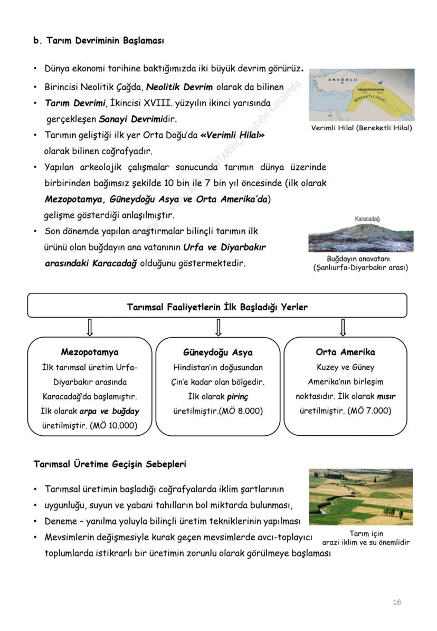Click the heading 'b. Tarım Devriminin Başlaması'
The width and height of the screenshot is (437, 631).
click(x=98, y=40)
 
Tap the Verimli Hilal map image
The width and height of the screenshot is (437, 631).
click(x=362, y=94)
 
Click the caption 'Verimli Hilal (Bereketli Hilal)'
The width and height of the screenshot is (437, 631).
click(x=362, y=128)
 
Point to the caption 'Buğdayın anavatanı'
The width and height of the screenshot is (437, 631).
click(x=358, y=259)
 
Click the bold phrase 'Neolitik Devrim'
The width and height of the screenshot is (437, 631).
click(x=179, y=88)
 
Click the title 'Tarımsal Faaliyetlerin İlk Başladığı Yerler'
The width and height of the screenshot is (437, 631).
click(x=217, y=307)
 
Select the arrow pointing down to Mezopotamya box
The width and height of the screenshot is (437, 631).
click(x=90, y=328)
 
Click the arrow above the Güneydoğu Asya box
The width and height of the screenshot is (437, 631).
click(x=218, y=328)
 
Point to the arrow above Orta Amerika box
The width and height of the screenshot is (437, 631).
click(x=343, y=328)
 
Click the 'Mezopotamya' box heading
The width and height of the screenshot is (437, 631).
click(x=90, y=352)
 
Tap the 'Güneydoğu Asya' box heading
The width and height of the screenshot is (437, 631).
click(x=218, y=352)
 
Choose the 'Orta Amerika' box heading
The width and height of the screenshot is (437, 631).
click(x=345, y=352)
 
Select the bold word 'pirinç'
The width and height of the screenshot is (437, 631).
click(x=237, y=396)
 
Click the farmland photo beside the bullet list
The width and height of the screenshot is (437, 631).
click(x=361, y=496)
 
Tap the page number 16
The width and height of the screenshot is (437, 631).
click(x=397, y=602)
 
